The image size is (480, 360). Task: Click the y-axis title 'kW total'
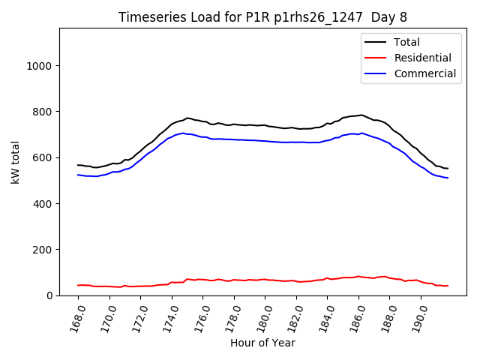(16, 162)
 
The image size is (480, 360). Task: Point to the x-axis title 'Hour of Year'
(262, 343)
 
